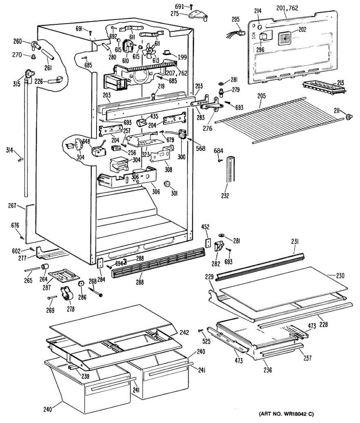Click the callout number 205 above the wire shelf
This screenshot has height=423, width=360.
click(x=261, y=96)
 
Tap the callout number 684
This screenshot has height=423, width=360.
click(x=218, y=151)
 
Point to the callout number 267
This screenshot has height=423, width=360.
click(x=12, y=206)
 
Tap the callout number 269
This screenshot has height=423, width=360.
click(x=50, y=310)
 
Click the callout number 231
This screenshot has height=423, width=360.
click(x=295, y=241)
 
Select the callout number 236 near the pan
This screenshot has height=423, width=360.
click(x=268, y=370)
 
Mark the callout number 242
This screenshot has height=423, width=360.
click(x=184, y=332)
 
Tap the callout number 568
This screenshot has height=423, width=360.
click(x=200, y=148)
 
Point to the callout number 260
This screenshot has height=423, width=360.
click(x=18, y=41)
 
